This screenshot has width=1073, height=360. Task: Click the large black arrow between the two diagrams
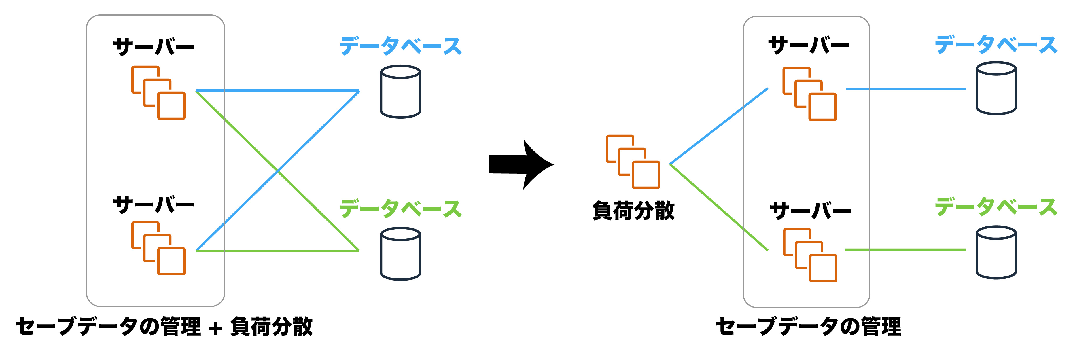click(518, 164)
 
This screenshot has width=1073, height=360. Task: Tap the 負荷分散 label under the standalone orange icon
click(633, 211)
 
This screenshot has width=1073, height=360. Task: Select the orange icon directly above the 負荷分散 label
click(633, 162)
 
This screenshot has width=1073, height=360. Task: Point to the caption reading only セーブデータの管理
click(808, 326)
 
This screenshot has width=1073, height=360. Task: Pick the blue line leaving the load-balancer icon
click(718, 126)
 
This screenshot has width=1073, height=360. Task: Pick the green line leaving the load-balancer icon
click(718, 207)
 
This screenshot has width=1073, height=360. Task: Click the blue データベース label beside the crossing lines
click(400, 46)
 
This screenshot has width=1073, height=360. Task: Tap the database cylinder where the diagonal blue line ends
click(400, 91)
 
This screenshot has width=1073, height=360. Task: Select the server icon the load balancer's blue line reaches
click(809, 94)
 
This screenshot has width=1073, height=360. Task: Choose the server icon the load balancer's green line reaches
click(810, 255)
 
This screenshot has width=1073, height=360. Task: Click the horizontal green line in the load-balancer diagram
click(905, 250)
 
